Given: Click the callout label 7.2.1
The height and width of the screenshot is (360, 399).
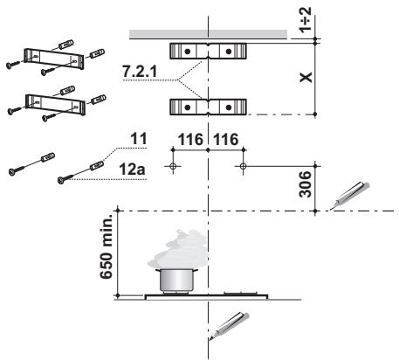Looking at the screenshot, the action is tap(140, 71).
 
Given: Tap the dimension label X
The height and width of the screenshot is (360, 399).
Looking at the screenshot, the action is tap(306, 77).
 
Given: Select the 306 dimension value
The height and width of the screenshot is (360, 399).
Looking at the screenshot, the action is tap(306, 184).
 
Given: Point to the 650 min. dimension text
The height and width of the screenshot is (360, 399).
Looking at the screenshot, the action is tap(106, 246).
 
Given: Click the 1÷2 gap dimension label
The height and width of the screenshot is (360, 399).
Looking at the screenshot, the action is tap(306, 19).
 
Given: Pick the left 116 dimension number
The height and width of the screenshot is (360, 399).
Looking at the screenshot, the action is tap(190, 140).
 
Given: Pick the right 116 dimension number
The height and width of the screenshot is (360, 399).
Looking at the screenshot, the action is tap(226, 140).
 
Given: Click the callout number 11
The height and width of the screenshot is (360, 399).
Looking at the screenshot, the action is tap(139, 139).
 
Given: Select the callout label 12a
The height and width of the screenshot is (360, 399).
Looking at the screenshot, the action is tap(132, 170).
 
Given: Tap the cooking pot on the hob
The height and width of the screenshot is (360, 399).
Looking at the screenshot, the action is tap(177, 280).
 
